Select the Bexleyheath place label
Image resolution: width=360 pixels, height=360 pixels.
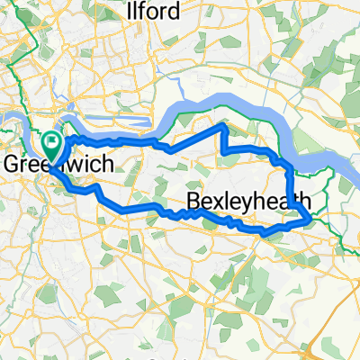(x=249, y=200)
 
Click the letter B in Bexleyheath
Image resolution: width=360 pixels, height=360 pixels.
(x=194, y=200)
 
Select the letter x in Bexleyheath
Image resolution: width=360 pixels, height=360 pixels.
(x=221, y=201)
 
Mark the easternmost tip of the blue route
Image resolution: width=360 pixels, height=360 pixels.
(x=311, y=218)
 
